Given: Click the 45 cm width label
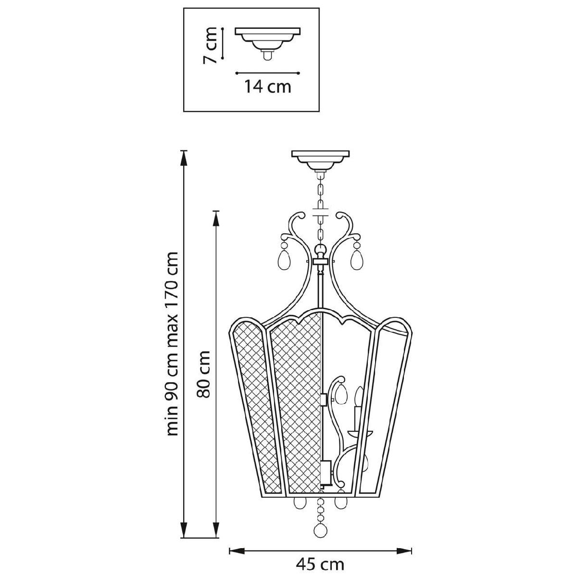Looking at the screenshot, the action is (x=320, y=564).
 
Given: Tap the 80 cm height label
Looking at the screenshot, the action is (x=203, y=374).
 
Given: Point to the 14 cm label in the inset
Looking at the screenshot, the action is (x=268, y=87).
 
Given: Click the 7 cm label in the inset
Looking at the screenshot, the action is (x=210, y=45).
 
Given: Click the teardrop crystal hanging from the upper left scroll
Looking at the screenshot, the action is (x=284, y=259).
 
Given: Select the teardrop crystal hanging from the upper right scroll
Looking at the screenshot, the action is (x=357, y=259).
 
